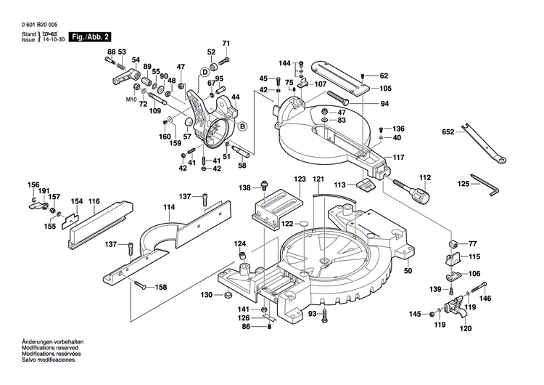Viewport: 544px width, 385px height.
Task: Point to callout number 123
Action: point(300,179)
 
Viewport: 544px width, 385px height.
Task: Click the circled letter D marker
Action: point(205,73)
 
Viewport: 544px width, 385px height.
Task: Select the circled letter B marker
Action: point(242,126)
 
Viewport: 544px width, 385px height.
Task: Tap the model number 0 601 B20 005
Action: point(35,24)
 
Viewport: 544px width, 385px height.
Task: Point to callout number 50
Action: point(408,271)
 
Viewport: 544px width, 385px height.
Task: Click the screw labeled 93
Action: point(326,315)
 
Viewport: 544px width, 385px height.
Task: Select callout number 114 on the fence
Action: point(169,207)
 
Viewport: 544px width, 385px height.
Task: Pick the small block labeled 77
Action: point(452,243)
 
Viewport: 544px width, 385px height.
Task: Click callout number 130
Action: point(206,295)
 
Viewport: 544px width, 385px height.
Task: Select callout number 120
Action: point(465,328)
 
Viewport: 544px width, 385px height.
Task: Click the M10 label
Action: point(131,98)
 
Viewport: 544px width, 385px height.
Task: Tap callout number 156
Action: point(33,185)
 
